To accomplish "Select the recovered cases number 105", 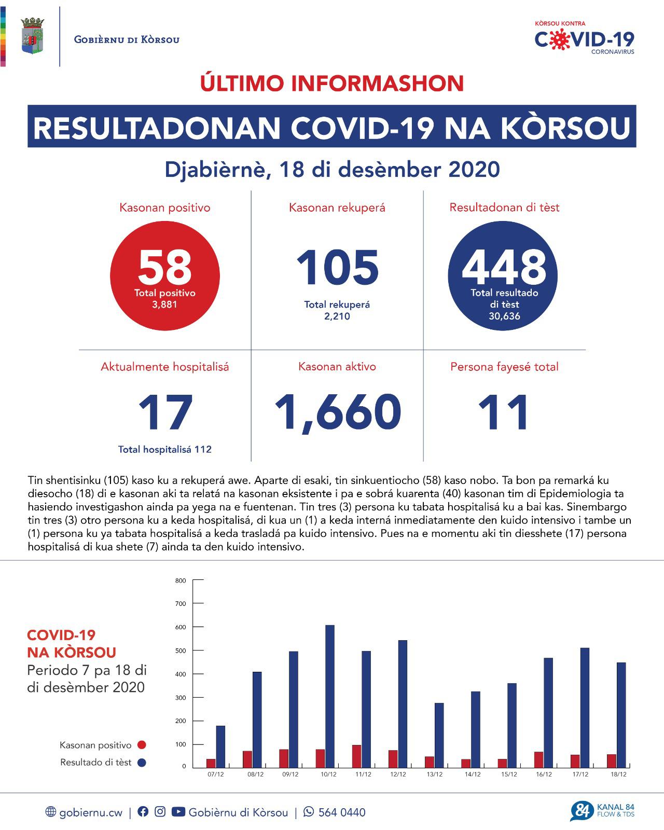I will coord(337,268).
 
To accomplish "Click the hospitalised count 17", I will coord(165,413).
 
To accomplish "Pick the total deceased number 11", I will coord(504,412).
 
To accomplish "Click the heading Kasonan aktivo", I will coord(337,367).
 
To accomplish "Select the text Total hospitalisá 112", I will coord(165,449).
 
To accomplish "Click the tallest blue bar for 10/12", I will coord(330,696).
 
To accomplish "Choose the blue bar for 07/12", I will coord(220,746).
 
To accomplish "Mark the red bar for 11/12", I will coord(356,756).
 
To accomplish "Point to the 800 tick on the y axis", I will coord(181,580).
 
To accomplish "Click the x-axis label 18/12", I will coord(618,774).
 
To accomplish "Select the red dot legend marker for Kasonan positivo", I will coord(141,745).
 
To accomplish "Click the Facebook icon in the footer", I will coord(143,812).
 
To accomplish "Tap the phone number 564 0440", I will coord(341,812).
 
